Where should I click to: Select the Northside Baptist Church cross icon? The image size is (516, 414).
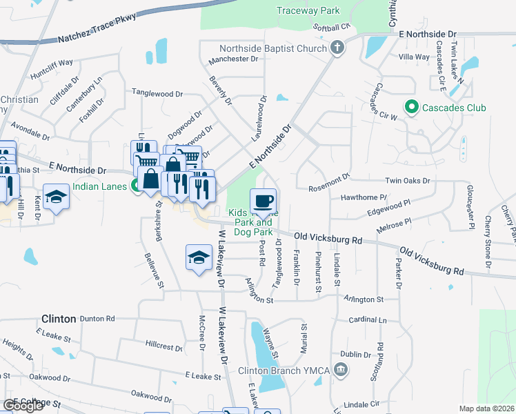337,48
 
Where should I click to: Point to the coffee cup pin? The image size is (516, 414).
263,201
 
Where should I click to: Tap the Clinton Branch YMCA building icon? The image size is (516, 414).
340,371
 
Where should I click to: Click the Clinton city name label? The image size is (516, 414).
58,319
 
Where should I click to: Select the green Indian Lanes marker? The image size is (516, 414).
138,186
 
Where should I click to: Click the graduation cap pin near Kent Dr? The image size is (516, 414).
57,197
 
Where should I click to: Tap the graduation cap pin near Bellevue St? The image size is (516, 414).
199,257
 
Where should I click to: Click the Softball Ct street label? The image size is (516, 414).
332,26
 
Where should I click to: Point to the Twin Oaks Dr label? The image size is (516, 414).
407,181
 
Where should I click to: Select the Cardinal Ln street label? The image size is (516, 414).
367,320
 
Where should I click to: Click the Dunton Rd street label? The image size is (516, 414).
97,319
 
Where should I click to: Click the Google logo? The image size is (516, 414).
23,406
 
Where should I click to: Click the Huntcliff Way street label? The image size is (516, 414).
52,63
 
